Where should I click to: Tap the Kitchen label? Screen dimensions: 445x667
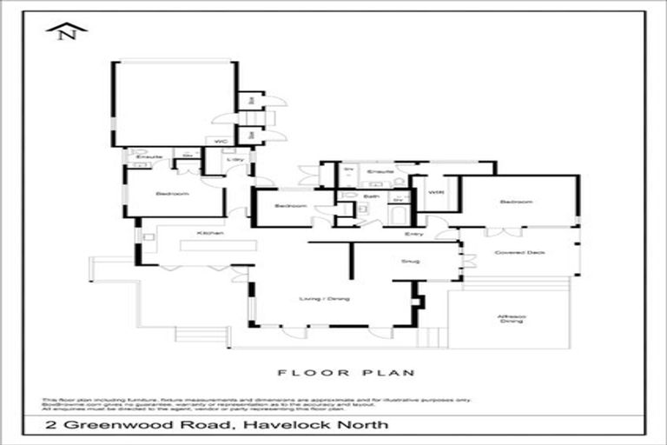(210, 233)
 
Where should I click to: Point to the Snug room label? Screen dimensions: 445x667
(411, 261)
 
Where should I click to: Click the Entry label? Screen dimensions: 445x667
(413, 235)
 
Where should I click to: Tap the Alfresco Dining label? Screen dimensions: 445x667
(511, 318)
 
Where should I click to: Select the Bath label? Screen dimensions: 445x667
(371, 196)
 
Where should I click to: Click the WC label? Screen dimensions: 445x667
(216, 140)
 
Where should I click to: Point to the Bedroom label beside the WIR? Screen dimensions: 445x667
(516, 202)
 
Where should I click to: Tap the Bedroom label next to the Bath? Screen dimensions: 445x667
(289, 206)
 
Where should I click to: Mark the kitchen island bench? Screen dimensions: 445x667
(218, 246)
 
